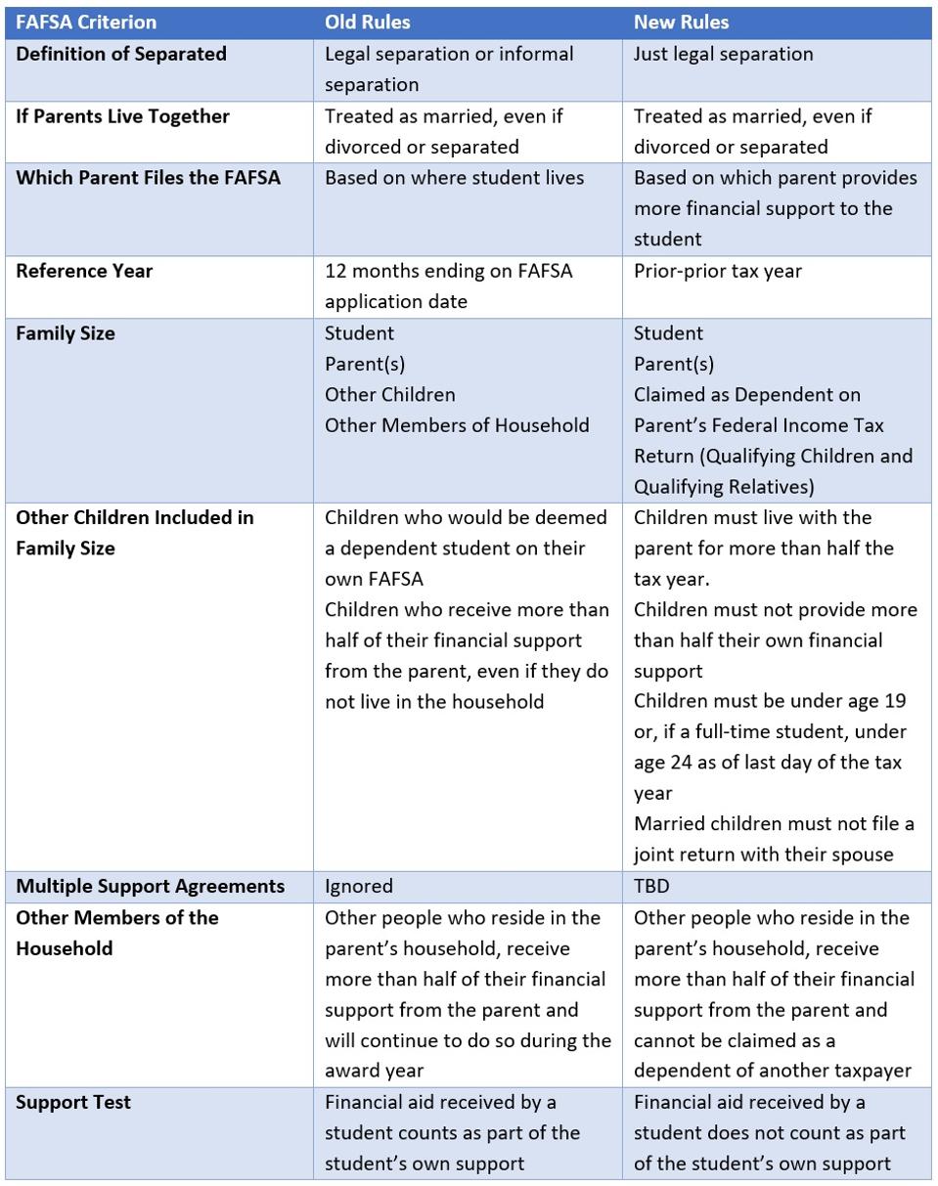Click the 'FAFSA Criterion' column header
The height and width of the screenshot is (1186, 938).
tap(86, 22)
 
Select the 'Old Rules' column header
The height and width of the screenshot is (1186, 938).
tap(368, 22)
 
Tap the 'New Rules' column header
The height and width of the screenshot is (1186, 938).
tap(681, 22)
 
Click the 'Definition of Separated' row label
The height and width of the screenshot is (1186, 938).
tap(121, 54)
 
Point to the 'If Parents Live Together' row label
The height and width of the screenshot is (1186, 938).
tap(122, 116)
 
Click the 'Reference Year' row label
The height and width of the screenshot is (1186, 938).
tap(84, 271)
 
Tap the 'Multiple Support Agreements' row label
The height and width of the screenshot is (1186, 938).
tap(150, 886)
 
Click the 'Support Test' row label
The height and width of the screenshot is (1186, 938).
tap(73, 1102)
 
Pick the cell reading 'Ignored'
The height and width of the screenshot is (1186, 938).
tap(359, 886)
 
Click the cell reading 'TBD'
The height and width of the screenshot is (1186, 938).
tap(651, 886)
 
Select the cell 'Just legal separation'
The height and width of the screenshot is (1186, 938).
tap(723, 54)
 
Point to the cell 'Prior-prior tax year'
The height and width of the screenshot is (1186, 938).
tap(717, 271)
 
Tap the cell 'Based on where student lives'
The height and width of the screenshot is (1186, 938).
tap(454, 177)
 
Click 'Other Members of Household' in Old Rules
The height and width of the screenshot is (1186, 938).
tap(457, 424)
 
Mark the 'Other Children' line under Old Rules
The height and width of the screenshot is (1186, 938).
tap(389, 394)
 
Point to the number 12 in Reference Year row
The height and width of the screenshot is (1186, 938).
tap(335, 271)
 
